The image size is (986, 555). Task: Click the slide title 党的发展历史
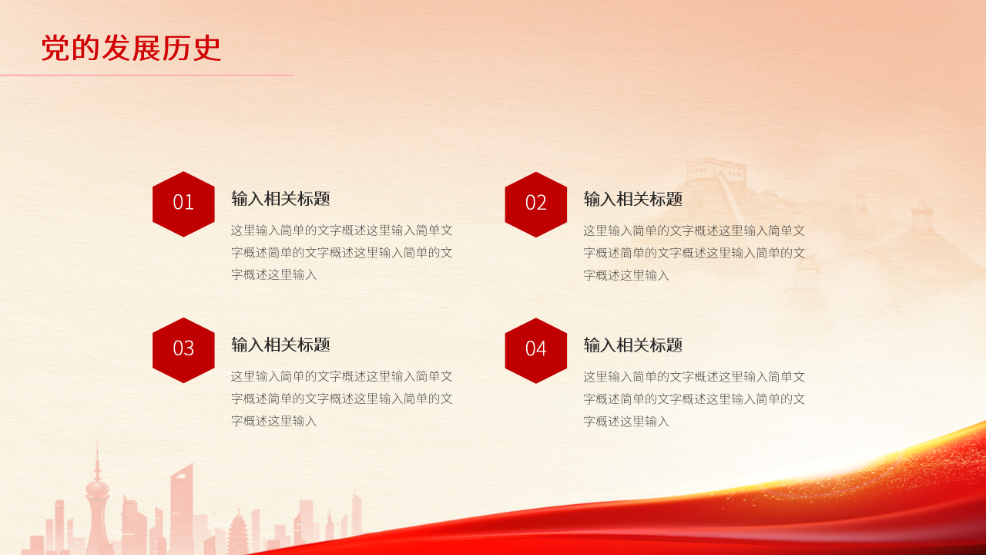click(131, 48)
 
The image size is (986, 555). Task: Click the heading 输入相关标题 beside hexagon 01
click(280, 199)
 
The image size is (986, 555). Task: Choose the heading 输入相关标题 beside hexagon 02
click(632, 199)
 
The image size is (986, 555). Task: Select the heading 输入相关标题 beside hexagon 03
click(280, 345)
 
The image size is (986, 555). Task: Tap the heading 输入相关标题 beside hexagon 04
click(632, 345)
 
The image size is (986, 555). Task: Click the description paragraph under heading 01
click(341, 252)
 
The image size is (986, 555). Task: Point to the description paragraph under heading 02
click(693, 252)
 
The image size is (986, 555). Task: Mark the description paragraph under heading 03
click(341, 399)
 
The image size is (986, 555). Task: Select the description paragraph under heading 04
click(693, 399)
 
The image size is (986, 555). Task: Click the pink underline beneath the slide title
click(146, 75)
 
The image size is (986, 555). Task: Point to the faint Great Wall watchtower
click(716, 170)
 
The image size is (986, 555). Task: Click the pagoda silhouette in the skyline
click(238, 532)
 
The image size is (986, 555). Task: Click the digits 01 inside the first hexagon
click(183, 202)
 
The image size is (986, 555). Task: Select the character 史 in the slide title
click(206, 48)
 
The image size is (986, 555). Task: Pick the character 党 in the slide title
click(55, 48)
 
